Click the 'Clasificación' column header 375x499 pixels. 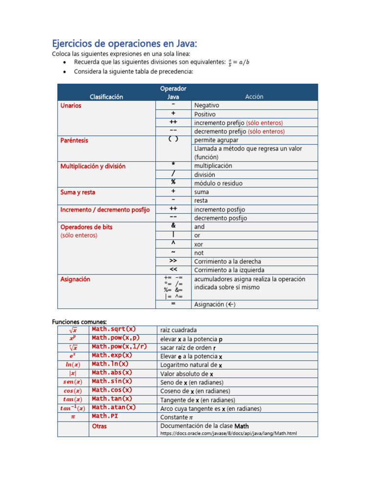pos(106,96)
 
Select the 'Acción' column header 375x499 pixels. pos(254,96)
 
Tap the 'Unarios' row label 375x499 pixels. pos(71,105)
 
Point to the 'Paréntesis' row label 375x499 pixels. pos(74,140)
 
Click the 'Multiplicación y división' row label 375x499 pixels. pos(93,166)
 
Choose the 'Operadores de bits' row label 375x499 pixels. pos(86,227)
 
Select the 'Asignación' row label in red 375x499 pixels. pos(75,279)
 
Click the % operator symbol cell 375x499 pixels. pos(173,183)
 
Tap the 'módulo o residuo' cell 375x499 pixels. pos(218,183)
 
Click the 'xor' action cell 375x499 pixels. pos(199,244)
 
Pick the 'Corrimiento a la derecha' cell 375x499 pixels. pos(228,262)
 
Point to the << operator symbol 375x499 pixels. pos(173,269)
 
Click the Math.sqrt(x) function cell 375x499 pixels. pos(114,329)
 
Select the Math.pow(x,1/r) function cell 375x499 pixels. pos(119,346)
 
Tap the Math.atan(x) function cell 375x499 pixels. pos(114,407)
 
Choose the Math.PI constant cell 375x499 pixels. pos(105,416)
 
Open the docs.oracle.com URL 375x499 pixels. pos(228,433)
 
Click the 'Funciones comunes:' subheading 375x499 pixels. pos(79,321)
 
